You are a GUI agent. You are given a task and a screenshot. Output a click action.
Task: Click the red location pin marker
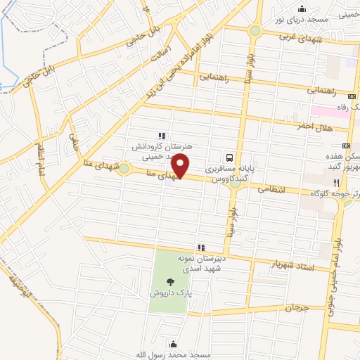pyautogui.click(x=181, y=166)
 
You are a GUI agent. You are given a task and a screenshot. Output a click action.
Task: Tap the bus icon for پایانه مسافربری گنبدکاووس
pyautogui.click(x=230, y=157)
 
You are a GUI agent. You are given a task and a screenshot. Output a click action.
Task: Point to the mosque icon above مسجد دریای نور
pyautogui.click(x=302, y=8)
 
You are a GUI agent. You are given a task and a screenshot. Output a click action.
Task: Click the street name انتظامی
pyautogui.click(x=266, y=188)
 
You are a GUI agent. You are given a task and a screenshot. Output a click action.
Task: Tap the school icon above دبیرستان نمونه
pyautogui.click(x=202, y=247)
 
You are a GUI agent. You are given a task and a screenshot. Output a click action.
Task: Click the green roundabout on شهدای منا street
pyautogui.click(x=124, y=169)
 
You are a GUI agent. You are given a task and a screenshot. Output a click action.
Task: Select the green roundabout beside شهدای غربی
pyautogui.click(x=254, y=31)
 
